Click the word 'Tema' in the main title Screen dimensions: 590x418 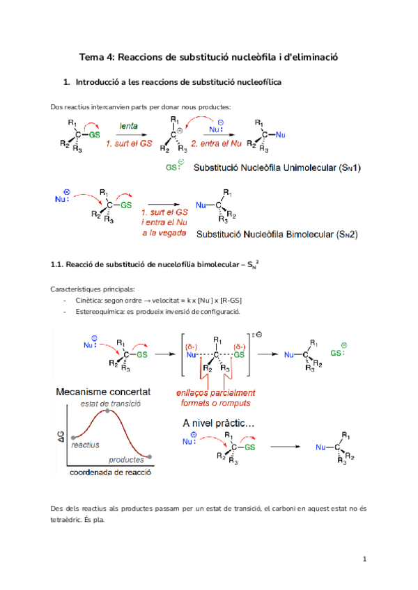coord(93,58)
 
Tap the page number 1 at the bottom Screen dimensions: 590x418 coord(364,559)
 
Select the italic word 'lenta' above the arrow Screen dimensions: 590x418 coord(127,127)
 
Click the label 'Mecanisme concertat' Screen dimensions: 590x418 coord(104,391)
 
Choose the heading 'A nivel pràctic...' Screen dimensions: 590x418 coord(218,423)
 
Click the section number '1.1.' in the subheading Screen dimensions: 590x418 coord(58,265)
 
